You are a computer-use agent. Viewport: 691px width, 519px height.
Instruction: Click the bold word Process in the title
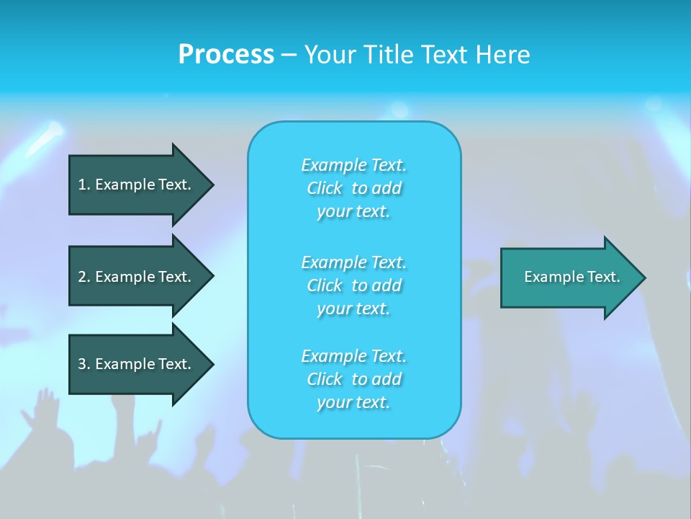[x=226, y=55]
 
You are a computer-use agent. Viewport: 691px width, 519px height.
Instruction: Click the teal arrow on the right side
[x=569, y=278]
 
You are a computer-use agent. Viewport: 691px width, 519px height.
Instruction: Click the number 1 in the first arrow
[x=83, y=185]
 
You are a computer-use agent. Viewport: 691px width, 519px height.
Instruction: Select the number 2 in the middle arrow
[x=83, y=277]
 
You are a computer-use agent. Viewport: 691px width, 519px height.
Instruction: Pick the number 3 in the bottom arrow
[x=83, y=364]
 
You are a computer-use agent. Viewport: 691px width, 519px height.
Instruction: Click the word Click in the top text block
[x=325, y=189]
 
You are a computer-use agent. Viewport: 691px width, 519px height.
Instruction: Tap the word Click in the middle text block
[x=325, y=285]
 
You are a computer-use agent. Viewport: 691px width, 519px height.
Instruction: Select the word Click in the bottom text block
[x=325, y=379]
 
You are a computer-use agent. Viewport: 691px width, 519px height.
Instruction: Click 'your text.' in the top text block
[x=353, y=212]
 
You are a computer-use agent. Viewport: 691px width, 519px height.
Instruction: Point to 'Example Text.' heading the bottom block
[x=353, y=356]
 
